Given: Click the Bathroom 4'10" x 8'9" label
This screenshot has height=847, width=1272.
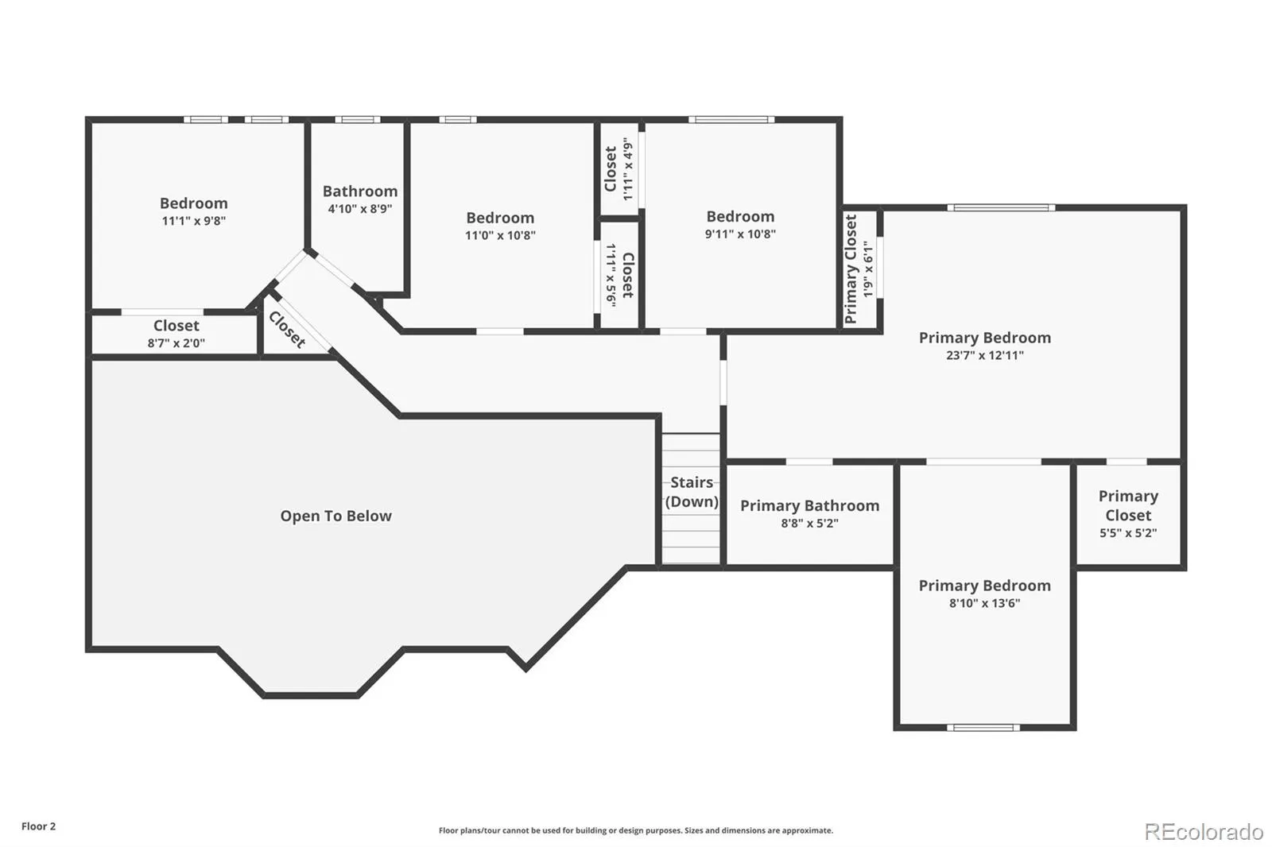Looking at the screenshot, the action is [x=360, y=199].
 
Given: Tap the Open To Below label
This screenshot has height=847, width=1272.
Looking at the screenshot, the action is [x=335, y=516].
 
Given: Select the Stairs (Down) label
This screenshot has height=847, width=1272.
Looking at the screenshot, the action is [x=692, y=492].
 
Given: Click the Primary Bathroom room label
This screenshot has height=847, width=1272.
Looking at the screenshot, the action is [x=810, y=505].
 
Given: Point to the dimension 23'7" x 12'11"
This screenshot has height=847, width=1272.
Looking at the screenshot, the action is [x=985, y=355].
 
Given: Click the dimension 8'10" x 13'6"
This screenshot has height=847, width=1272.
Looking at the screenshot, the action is [x=985, y=603].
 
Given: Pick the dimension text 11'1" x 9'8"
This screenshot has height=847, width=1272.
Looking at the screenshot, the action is [x=194, y=221].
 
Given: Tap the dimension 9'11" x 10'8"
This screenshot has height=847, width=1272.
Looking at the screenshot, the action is [x=740, y=234].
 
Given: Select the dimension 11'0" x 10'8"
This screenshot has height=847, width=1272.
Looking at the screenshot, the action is [x=500, y=235].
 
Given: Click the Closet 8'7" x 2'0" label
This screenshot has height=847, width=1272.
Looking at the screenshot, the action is [x=176, y=334].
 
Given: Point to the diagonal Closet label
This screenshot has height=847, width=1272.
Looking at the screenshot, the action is [x=287, y=330].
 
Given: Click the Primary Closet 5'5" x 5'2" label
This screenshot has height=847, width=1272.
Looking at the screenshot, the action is [x=1128, y=514].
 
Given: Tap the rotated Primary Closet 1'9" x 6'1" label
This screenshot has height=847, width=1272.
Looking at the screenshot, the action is [x=858, y=269].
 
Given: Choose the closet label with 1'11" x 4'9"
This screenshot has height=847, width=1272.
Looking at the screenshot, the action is [x=619, y=168].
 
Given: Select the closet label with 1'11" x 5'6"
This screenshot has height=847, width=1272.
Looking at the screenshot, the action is [x=619, y=276].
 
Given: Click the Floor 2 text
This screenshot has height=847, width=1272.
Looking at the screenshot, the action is [x=39, y=826].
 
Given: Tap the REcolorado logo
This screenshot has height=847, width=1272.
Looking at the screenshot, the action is [x=1204, y=832].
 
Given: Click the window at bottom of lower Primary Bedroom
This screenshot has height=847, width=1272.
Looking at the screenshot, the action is [x=983, y=727].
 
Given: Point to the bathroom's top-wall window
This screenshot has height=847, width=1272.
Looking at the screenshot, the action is [x=357, y=119].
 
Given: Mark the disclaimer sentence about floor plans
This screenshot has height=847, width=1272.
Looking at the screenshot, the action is [x=635, y=830].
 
